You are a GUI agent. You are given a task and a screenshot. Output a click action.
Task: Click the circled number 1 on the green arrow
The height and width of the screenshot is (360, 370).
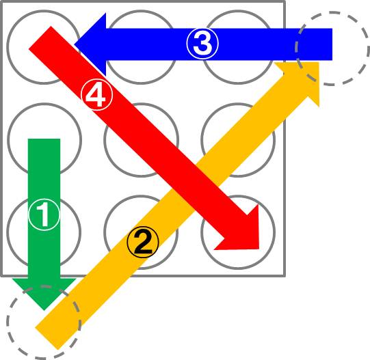[x=44, y=214]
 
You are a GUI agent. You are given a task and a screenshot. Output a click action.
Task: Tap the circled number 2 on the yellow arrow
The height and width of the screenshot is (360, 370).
[x=143, y=242]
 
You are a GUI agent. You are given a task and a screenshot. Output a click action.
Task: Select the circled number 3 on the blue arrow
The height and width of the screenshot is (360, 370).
[x=202, y=44]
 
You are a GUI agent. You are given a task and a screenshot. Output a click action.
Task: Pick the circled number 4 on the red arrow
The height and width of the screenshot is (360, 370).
[x=97, y=94]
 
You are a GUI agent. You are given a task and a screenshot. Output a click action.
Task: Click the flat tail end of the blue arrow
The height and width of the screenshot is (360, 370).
[x=332, y=44]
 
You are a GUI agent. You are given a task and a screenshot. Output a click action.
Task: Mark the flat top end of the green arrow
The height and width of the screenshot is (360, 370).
[x=44, y=139]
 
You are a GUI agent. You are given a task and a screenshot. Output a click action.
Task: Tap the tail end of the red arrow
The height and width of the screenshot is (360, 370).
[x=40, y=38]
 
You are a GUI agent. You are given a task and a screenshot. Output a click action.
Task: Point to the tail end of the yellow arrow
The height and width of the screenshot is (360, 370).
[x=47, y=339]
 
